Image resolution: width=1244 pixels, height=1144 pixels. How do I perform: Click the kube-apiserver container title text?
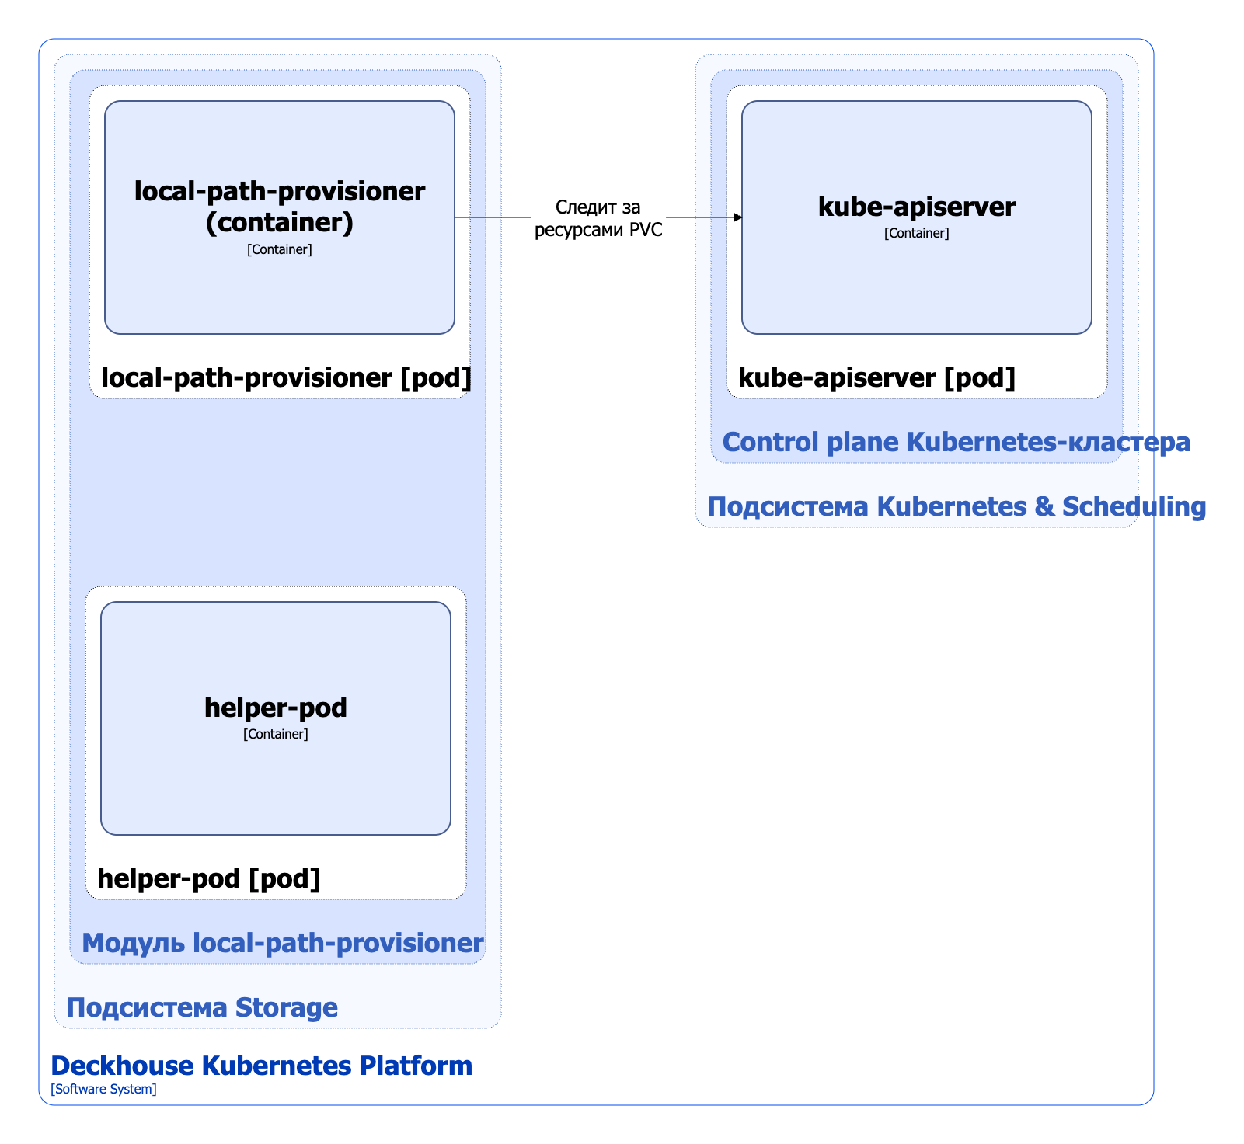pos(916,207)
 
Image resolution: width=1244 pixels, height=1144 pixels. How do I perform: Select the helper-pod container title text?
pos(275,708)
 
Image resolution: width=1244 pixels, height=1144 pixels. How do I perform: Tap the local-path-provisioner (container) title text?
pos(280,207)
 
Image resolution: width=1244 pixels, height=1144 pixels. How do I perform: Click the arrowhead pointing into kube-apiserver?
pos(738,217)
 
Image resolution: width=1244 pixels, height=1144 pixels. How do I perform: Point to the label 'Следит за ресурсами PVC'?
pos(598,218)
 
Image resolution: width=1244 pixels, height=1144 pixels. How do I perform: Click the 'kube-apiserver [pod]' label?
pos(876,378)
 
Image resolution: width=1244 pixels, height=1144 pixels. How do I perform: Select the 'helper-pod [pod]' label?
pos(208,878)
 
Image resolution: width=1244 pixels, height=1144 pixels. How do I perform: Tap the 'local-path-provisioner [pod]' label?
pos(286,378)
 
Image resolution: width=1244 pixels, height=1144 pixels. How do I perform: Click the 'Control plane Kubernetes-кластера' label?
pos(956,443)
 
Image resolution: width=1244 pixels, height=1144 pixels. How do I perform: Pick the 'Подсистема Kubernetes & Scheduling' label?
pos(956,507)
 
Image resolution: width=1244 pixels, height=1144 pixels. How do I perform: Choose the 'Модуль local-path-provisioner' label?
pos(283,944)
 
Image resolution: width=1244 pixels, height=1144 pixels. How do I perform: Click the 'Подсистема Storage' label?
pos(202,1008)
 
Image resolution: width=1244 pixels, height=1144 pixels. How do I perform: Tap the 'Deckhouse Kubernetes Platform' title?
pos(261,1066)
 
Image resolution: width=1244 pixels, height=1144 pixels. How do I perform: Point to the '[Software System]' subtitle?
pos(103,1090)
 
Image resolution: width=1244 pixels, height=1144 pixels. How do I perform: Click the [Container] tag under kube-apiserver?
pos(916,233)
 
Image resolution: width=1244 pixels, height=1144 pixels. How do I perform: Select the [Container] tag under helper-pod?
pos(275,734)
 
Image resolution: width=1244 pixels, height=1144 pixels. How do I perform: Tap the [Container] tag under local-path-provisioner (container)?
pos(280,249)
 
